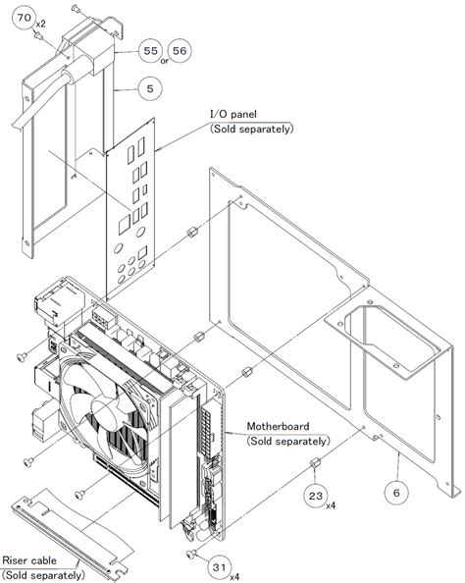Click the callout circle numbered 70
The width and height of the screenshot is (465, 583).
click(25, 19)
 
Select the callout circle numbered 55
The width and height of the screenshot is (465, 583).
click(150, 51)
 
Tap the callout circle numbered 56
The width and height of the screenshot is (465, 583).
click(180, 51)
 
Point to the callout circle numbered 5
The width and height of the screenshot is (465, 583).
click(150, 89)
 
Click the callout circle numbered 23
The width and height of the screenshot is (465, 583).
click(316, 496)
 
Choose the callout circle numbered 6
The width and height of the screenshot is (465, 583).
click(396, 493)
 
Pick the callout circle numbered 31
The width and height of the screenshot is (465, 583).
click(220, 567)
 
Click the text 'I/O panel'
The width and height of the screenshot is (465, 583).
click(233, 114)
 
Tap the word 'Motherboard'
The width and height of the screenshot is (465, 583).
click(278, 426)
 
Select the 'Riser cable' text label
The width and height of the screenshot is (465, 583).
click(29, 560)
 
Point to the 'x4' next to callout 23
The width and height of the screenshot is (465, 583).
click(331, 505)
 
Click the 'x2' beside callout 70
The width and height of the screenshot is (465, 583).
click(40, 24)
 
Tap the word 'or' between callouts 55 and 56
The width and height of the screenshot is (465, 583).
click(165, 60)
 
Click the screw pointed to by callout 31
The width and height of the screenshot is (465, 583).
click(191, 555)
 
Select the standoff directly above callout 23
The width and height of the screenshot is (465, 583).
click(315, 463)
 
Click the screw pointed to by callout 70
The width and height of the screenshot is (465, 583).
click(38, 35)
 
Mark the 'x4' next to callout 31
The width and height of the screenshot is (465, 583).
click(234, 577)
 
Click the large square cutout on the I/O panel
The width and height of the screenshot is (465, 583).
click(125, 226)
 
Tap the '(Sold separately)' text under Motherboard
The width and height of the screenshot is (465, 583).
click(288, 442)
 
